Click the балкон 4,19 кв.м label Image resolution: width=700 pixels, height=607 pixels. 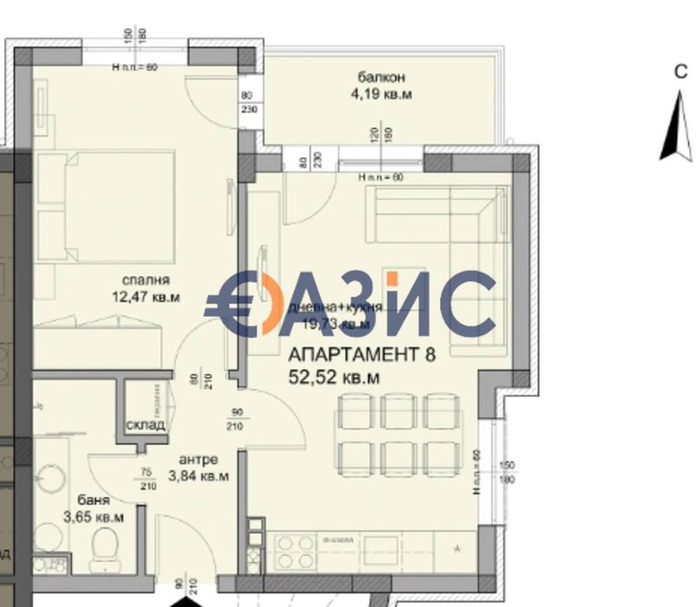[x=380, y=85]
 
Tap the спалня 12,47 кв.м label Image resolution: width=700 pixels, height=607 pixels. [x=145, y=289]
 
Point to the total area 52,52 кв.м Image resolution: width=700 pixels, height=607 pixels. [x=334, y=377]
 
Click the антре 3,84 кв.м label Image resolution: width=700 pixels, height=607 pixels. [x=199, y=467]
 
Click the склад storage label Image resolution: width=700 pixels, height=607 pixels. [x=144, y=426]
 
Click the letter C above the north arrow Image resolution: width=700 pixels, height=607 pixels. [x=682, y=73]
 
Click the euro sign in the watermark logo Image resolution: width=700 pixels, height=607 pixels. [x=232, y=303]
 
